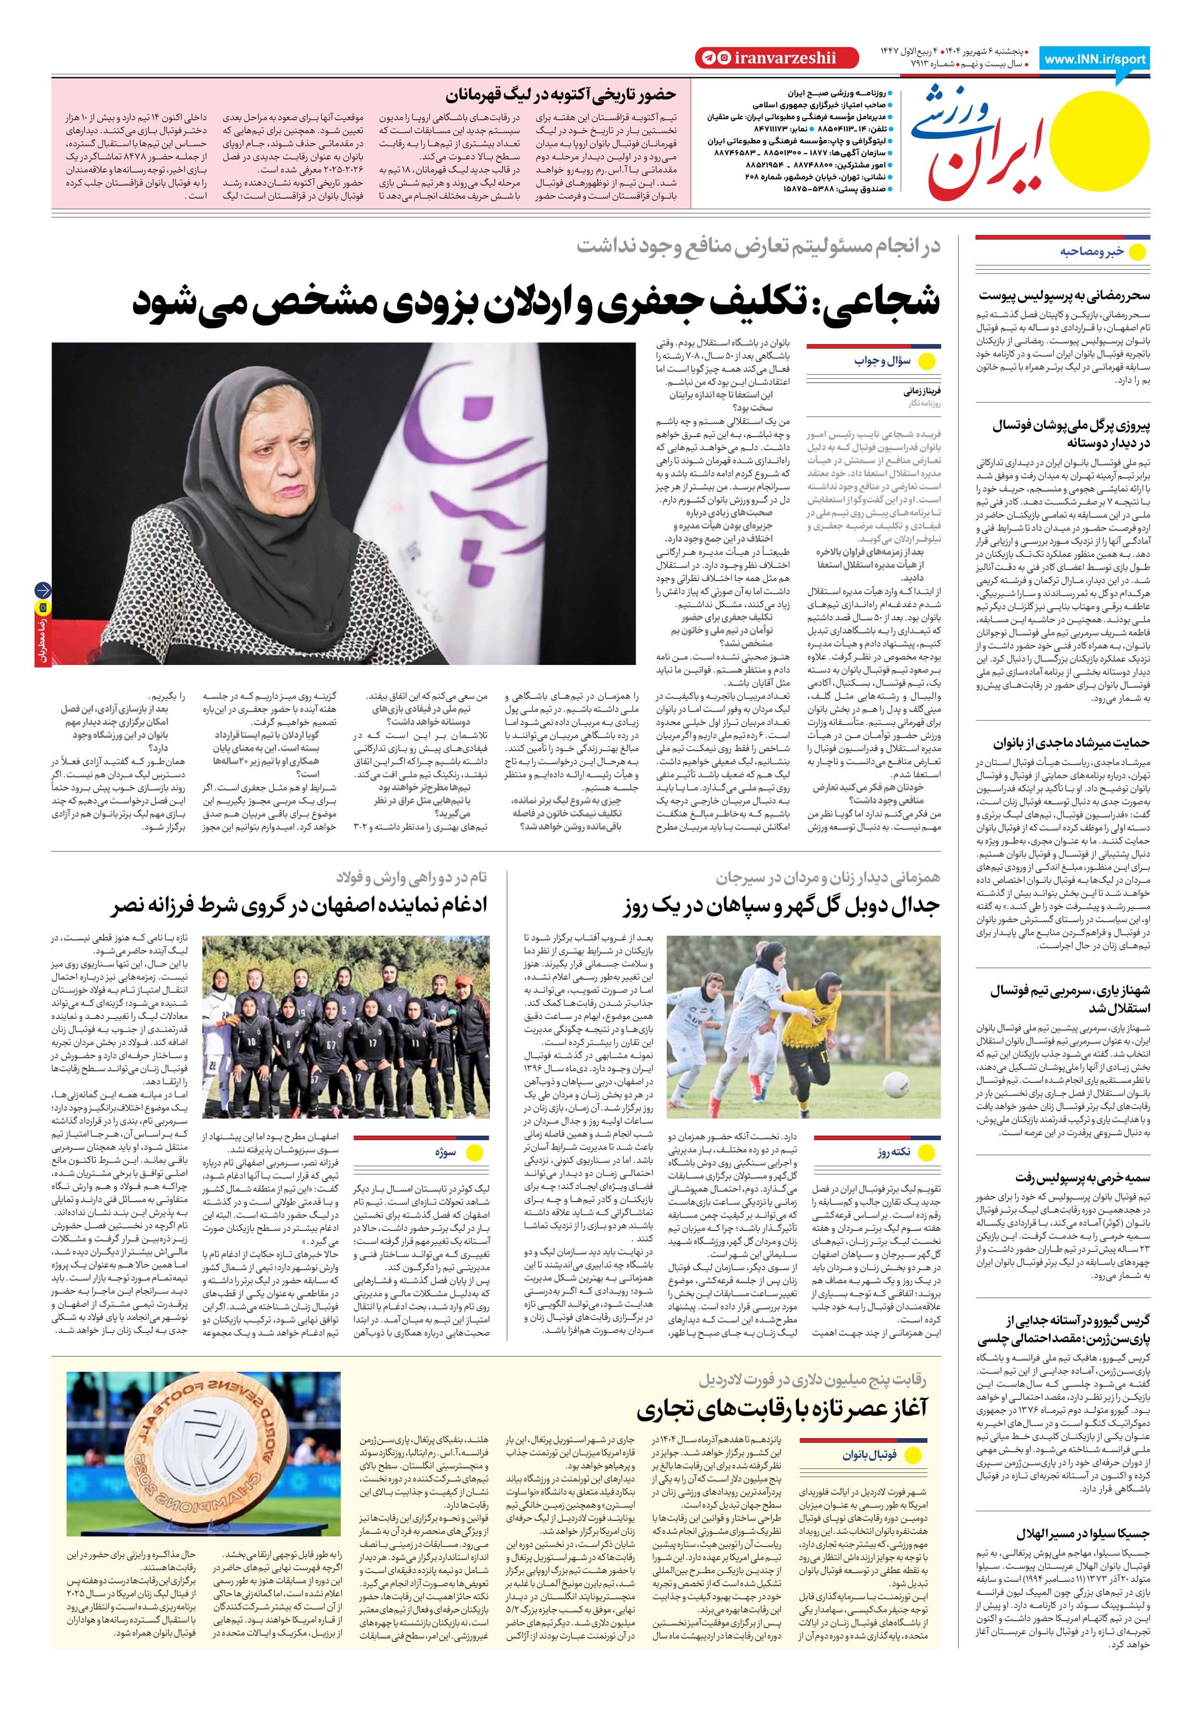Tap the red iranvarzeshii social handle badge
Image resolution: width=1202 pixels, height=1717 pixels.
point(776,58)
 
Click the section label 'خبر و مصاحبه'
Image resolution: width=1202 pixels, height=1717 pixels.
point(1091,252)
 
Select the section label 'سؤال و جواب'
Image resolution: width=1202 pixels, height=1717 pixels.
point(883,361)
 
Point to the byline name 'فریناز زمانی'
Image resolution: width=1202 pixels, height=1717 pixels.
point(922,390)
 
